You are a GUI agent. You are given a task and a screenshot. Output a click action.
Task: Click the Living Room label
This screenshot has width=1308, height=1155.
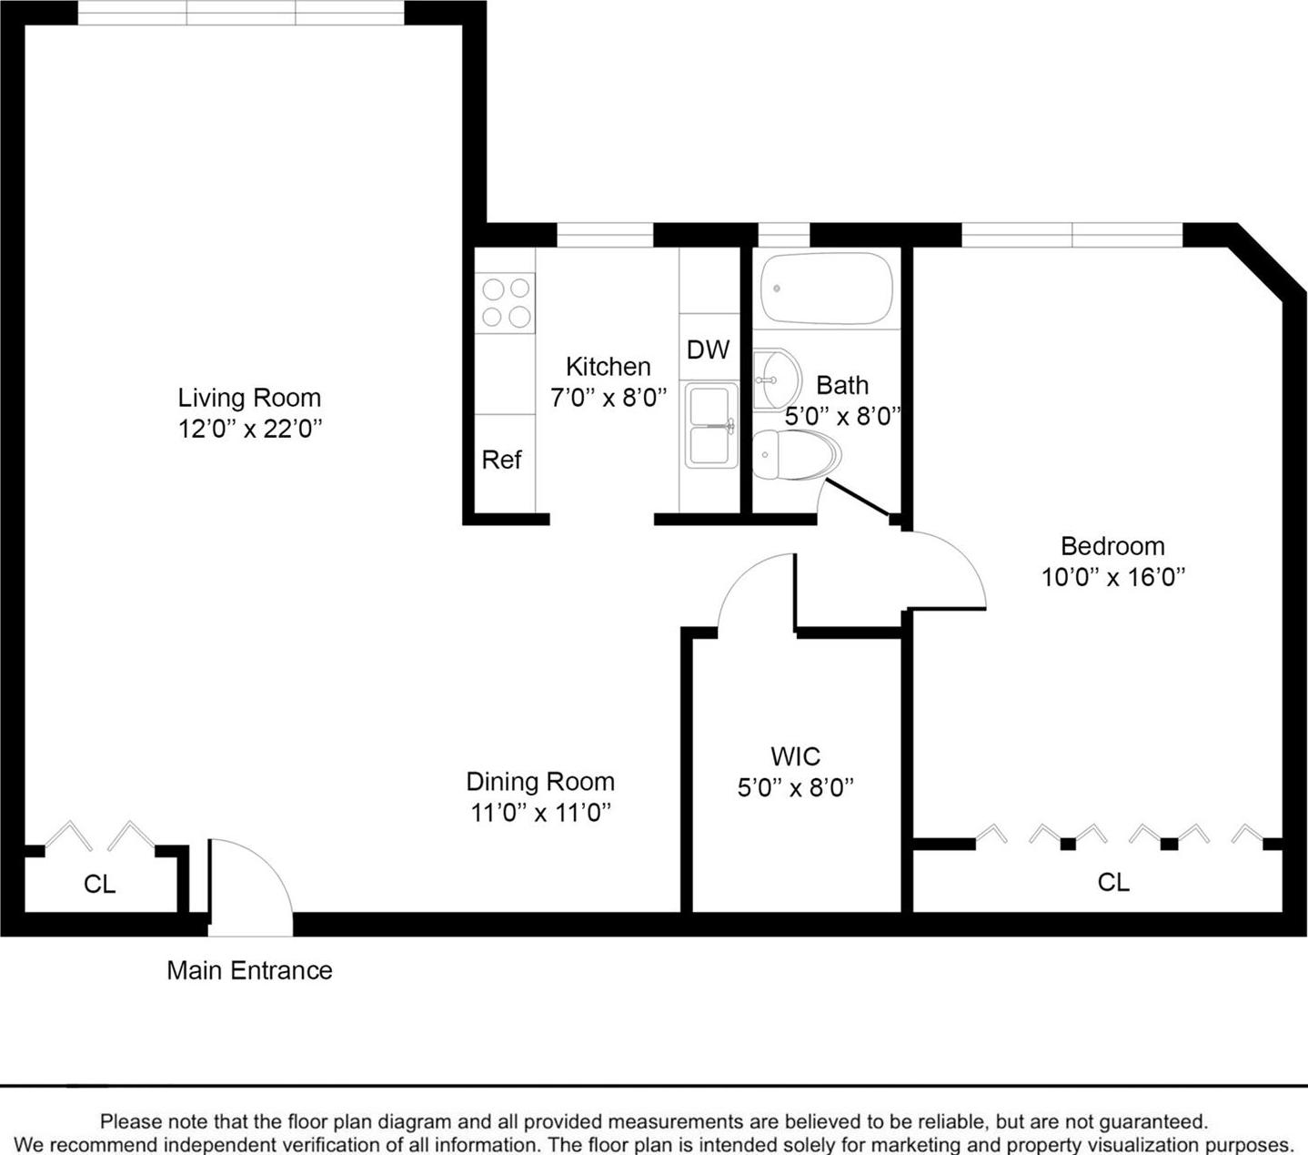pos(249,398)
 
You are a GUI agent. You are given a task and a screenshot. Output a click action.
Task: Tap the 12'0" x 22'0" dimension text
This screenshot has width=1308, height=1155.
pos(250,429)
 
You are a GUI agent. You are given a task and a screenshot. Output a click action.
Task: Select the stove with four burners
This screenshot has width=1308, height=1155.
pos(506,302)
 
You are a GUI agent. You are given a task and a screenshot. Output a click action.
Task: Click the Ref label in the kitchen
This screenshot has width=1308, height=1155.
pos(501,460)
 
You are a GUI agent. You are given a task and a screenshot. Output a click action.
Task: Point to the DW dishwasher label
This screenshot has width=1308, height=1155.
pos(708,350)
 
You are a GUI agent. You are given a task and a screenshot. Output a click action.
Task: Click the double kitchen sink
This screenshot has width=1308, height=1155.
pos(711,425)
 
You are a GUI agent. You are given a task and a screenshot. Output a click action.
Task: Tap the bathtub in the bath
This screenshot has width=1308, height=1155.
pos(826,289)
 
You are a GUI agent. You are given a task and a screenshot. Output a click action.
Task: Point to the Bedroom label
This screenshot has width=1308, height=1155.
pos(1112,546)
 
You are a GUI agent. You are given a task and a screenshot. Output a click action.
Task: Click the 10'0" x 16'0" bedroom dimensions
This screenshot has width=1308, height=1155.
pos(1112,577)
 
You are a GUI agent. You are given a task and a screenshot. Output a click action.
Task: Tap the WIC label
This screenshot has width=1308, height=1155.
pos(795,756)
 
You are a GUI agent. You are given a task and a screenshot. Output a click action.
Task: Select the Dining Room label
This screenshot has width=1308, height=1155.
pos(540,782)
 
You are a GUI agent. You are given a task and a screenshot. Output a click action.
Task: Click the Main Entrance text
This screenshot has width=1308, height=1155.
pos(249,970)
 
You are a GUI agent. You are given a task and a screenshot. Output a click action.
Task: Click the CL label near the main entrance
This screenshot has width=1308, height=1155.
pos(99,884)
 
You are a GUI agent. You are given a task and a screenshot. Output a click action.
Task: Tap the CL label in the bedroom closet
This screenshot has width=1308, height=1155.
pos(1113,882)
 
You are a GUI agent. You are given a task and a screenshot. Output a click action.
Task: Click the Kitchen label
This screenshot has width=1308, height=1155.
pos(608,367)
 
